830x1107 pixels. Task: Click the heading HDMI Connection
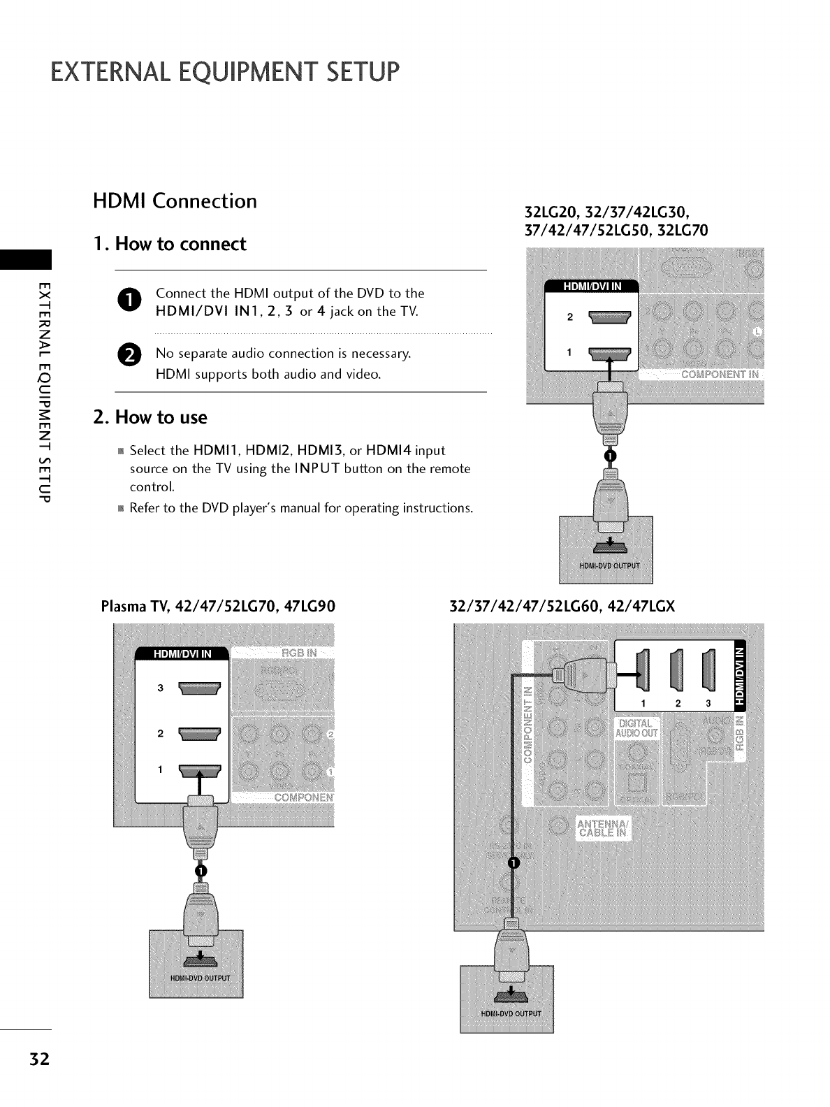point(175,201)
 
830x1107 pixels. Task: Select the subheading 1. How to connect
point(170,244)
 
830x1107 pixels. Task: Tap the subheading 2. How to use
point(150,417)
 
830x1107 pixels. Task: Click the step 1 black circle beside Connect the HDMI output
point(133,300)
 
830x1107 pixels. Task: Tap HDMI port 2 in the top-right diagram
point(610,318)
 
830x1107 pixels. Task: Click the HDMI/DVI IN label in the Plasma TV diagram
point(182,654)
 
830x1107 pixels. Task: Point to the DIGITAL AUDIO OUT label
point(635,728)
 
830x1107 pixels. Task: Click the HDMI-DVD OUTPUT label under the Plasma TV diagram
point(196,976)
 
